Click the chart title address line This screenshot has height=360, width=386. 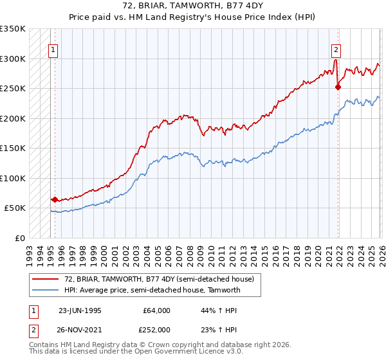[193, 5]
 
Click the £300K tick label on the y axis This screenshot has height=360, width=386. [13, 59]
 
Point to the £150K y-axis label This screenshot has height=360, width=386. [13, 148]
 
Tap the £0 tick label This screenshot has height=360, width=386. [20, 238]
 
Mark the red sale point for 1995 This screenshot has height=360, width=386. [55, 199]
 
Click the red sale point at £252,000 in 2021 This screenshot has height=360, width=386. [338, 87]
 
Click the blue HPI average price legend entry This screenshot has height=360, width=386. [152, 290]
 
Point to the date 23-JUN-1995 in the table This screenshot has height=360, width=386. [80, 310]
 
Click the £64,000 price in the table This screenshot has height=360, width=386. [157, 310]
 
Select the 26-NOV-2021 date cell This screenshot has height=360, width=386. [80, 329]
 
